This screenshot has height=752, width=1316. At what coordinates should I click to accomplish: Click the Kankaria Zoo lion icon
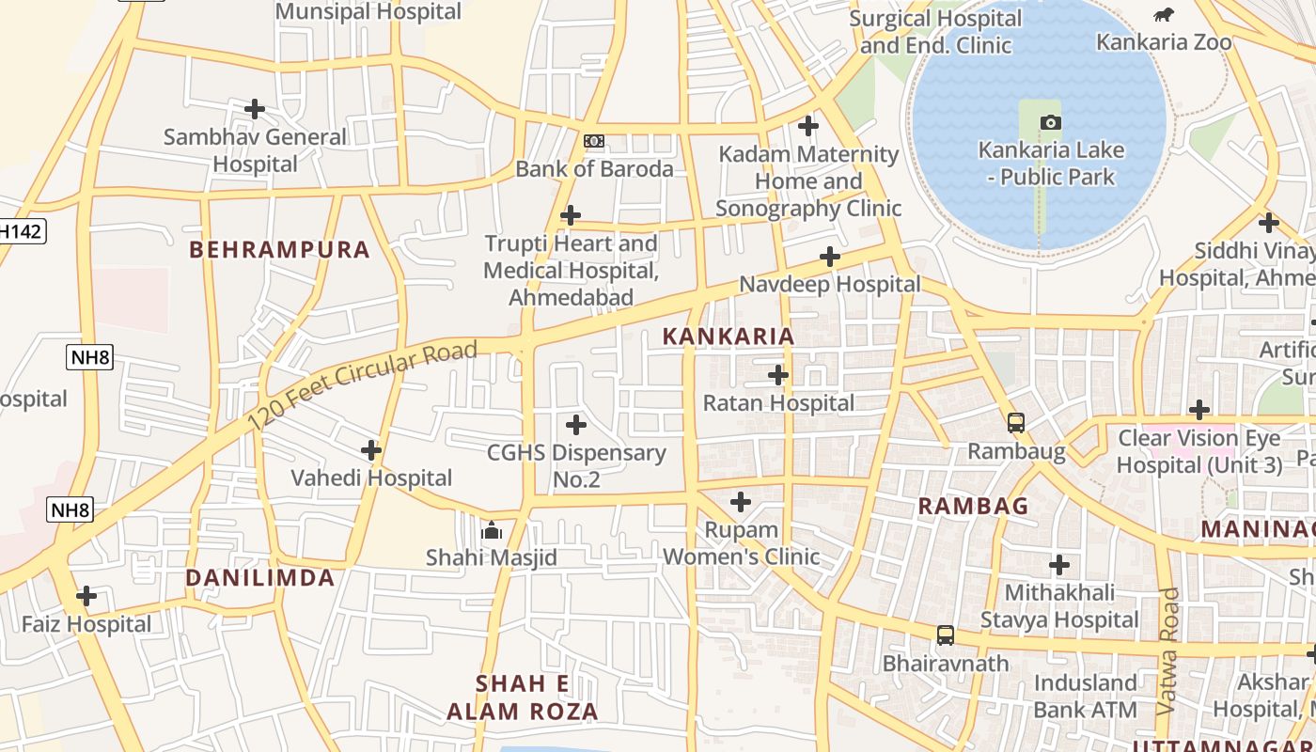point(1163,14)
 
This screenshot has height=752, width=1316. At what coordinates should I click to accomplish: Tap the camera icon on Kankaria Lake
point(1051,122)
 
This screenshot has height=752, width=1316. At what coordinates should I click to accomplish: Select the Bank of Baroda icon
point(594,141)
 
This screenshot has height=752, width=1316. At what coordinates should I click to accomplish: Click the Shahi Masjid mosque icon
point(491,531)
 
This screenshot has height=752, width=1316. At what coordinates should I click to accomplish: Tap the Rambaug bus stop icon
point(1016,423)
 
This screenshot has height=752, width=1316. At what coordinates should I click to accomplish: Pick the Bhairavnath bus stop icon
point(946,635)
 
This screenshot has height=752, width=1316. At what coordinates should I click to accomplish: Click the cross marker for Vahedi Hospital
point(371,450)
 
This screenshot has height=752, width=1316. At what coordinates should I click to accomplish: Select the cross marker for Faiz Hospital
point(86,596)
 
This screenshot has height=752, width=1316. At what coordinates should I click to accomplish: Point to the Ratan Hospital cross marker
point(778,375)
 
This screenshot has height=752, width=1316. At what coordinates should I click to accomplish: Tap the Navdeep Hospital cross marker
point(830,256)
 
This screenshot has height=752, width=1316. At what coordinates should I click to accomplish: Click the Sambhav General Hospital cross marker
point(255,109)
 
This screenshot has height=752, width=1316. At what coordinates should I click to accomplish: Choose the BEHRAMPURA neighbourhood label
point(280,250)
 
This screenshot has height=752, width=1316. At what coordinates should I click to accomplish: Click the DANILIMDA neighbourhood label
point(259,578)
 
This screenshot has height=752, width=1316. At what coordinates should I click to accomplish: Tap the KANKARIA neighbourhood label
point(728,337)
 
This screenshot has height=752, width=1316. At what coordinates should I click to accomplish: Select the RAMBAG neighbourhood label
point(973,506)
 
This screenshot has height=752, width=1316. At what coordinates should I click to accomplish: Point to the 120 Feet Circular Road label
point(363,386)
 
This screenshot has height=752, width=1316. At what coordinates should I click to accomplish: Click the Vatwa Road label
point(1168,650)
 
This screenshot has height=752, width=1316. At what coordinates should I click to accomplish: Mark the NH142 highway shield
point(21,231)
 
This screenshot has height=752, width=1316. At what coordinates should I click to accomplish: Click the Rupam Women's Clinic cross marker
point(741,502)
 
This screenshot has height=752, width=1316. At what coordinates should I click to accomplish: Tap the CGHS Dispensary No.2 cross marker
point(576,425)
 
